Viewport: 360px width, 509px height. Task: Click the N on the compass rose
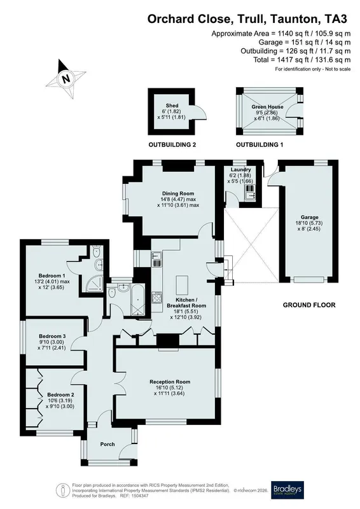(66, 78)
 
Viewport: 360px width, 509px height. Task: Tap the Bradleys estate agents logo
(287, 489)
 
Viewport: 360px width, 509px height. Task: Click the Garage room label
(309, 217)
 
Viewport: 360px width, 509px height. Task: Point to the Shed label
(172, 106)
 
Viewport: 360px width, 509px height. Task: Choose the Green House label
(267, 107)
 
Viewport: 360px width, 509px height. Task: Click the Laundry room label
(240, 169)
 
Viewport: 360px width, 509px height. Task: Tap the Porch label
(107, 444)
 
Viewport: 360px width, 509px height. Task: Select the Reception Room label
(170, 382)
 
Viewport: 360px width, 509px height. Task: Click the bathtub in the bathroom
(137, 300)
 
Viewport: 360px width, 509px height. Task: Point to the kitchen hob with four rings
(157, 298)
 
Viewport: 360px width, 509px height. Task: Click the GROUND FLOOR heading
(309, 305)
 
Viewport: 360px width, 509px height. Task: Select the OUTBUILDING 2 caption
(172, 145)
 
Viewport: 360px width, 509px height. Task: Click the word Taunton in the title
(294, 20)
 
